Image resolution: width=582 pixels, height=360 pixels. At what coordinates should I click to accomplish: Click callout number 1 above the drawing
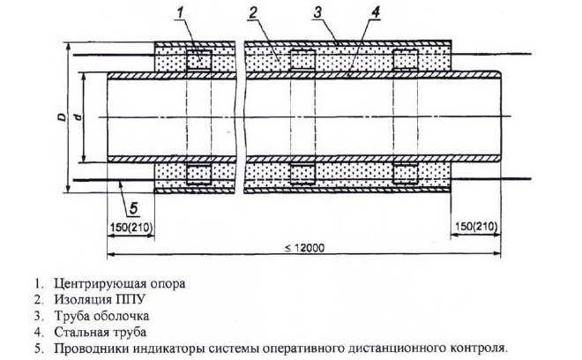click(181, 12)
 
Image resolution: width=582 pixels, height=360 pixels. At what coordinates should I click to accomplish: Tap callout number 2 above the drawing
click(253, 12)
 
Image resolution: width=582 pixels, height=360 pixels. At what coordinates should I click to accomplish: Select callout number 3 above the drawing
click(317, 12)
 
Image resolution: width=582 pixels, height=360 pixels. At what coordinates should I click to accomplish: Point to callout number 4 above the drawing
click(376, 12)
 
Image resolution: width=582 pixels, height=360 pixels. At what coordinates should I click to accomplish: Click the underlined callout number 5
click(134, 208)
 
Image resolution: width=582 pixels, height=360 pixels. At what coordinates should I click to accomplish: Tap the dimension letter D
click(63, 116)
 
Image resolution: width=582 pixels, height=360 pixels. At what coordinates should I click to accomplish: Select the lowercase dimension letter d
click(78, 117)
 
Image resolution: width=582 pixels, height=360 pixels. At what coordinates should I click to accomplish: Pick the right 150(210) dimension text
click(476, 227)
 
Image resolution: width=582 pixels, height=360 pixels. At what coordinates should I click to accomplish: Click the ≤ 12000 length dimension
click(304, 248)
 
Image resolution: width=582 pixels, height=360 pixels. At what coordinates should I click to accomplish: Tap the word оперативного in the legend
click(303, 349)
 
